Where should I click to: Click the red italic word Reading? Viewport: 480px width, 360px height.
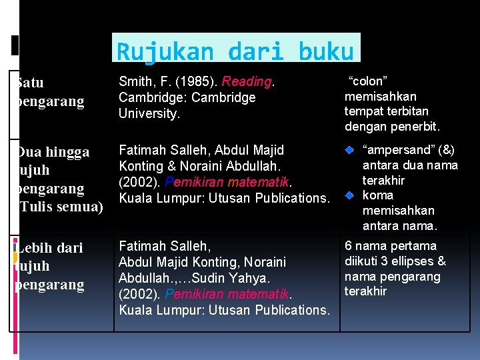point(247,81)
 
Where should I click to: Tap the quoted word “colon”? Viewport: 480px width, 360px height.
point(369,81)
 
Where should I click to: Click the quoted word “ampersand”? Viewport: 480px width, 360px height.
point(397,150)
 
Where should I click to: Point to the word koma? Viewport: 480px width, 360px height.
point(378,195)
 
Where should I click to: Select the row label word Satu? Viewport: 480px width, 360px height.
point(30,83)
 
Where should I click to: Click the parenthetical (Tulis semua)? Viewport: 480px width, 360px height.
point(60,207)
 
